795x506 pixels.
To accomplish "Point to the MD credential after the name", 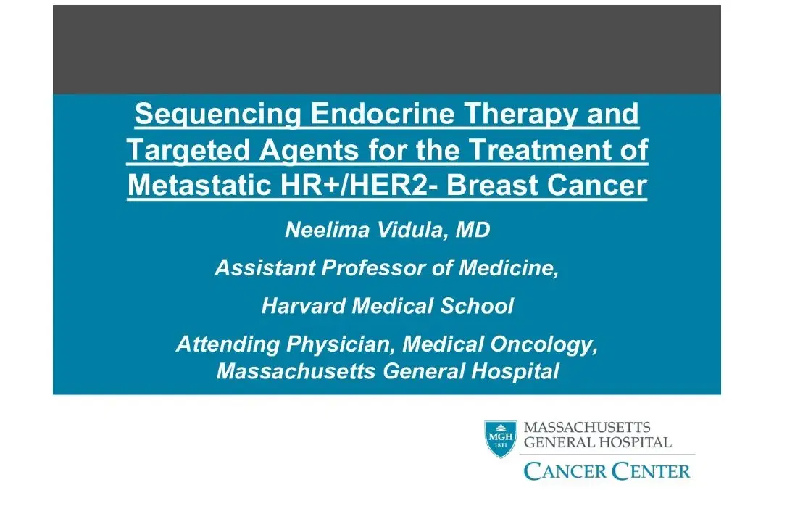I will coord(474,231).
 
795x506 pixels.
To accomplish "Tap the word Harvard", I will coord(303,306).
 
